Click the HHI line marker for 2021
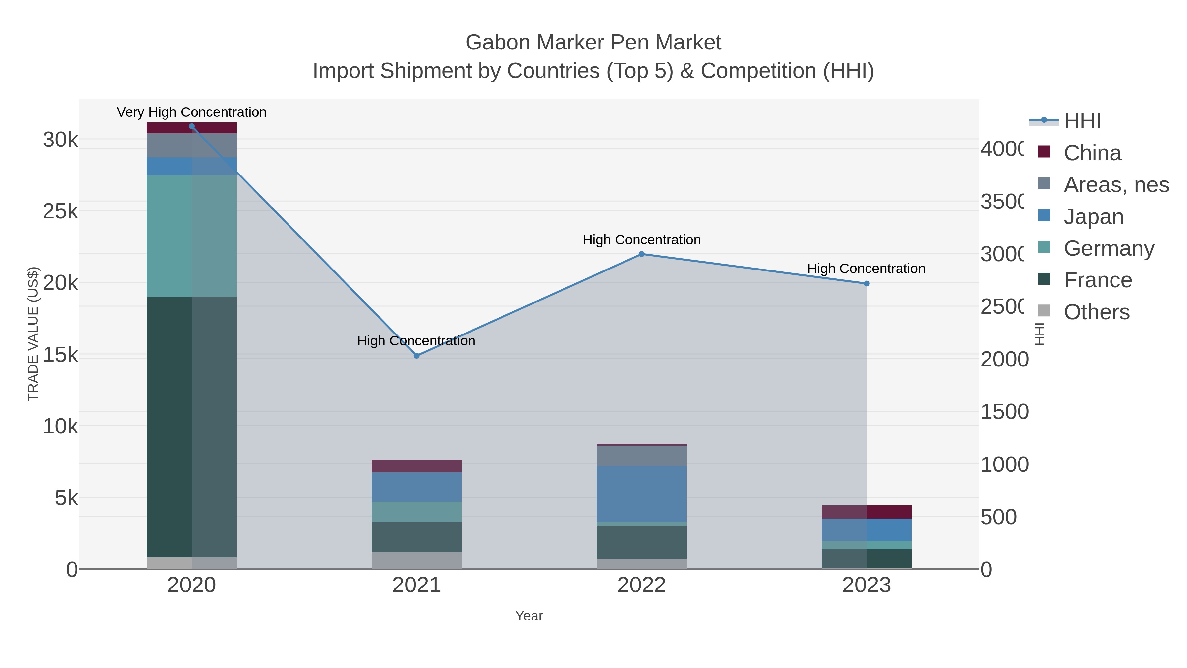[x=416, y=355]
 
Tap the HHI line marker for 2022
[x=641, y=254]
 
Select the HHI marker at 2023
[x=866, y=283]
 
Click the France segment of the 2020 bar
[x=191, y=427]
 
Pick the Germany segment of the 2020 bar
[x=191, y=236]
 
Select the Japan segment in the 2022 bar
[x=641, y=493]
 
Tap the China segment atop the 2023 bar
[x=866, y=512]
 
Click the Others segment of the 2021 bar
[x=416, y=560]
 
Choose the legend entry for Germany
[x=1108, y=248]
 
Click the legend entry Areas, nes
[x=1115, y=185]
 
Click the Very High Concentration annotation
[x=192, y=112]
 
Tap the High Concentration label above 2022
[x=641, y=240]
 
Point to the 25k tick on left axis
[x=60, y=211]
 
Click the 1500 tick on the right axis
[x=1004, y=412]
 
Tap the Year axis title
[x=529, y=616]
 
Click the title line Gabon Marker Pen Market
[x=593, y=43]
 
